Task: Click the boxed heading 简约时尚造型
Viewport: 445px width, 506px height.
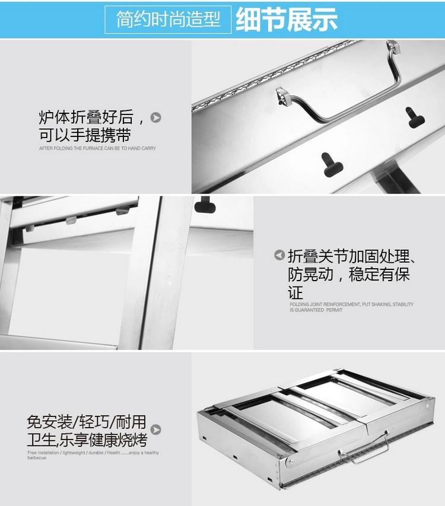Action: pyautogui.click(x=168, y=20)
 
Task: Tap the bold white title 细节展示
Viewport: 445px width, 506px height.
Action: pyautogui.click(x=287, y=20)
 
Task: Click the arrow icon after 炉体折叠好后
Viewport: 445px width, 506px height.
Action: pyautogui.click(x=156, y=117)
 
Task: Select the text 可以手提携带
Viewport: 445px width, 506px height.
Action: pyautogui.click(x=85, y=135)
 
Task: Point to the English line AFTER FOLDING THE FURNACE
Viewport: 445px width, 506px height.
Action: pyautogui.click(x=97, y=148)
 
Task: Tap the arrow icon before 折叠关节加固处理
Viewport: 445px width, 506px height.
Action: pyautogui.click(x=279, y=255)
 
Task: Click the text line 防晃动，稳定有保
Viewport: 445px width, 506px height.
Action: pyautogui.click(x=349, y=275)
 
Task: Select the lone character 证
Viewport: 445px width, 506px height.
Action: pyautogui.click(x=295, y=292)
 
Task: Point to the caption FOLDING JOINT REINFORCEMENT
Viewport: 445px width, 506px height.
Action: pyautogui.click(x=351, y=304)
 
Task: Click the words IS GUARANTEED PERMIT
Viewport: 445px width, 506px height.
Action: pyautogui.click(x=316, y=310)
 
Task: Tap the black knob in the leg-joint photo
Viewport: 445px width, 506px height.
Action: pyautogui.click(x=205, y=205)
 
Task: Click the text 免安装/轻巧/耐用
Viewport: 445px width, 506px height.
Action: pyautogui.click(x=87, y=422)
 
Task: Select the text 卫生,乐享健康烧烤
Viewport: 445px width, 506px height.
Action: pyautogui.click(x=87, y=439)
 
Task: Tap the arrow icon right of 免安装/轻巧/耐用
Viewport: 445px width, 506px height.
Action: pyautogui.click(x=156, y=430)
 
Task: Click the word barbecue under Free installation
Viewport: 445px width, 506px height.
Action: pyautogui.click(x=37, y=457)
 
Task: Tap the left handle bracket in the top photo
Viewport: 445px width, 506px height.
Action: pyautogui.click(x=284, y=96)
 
